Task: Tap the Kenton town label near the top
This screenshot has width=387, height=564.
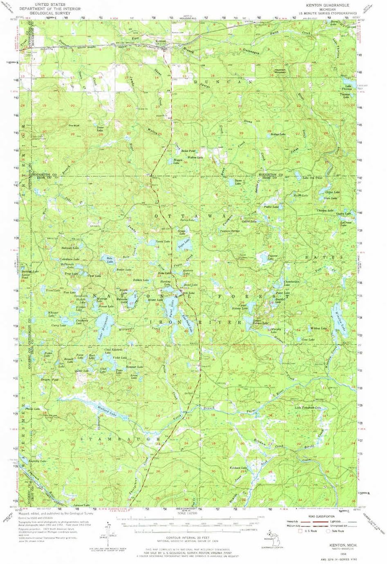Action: [x=160, y=42]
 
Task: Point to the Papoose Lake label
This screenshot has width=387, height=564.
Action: [x=272, y=257]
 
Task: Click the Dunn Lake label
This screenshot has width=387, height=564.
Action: [x=238, y=182]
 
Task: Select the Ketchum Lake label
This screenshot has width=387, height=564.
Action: [x=238, y=468]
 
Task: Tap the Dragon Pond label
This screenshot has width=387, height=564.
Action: [x=49, y=380]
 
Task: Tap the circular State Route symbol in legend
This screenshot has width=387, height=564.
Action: [x=328, y=531]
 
